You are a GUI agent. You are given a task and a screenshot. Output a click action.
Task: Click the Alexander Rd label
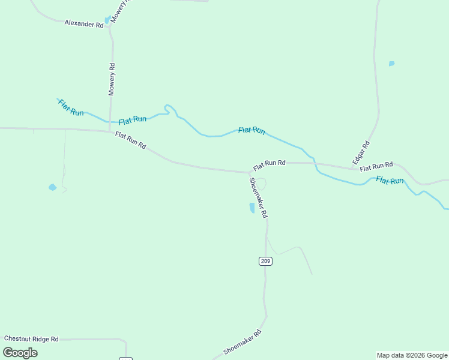(x=84, y=24)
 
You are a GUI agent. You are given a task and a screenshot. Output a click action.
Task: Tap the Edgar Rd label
(x=361, y=153)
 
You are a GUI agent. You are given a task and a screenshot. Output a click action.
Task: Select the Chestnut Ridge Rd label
(x=31, y=339)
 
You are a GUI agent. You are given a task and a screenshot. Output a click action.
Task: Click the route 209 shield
(x=266, y=261)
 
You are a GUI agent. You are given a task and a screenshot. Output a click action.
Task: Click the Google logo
(x=20, y=353)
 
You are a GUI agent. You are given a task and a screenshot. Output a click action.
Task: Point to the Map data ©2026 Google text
(x=412, y=355)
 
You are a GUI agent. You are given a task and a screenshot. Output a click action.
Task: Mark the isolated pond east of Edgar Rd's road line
(x=391, y=64)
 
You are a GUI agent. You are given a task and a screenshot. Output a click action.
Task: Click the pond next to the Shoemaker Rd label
(x=252, y=208)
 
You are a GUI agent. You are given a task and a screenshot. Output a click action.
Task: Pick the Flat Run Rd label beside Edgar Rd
(x=376, y=166)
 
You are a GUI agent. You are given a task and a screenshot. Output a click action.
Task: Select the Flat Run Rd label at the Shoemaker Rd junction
(x=269, y=164)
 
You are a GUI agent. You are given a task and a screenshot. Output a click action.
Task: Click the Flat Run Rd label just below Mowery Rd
(x=130, y=140)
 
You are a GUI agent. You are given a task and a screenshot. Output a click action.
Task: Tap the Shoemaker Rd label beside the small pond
(x=258, y=197)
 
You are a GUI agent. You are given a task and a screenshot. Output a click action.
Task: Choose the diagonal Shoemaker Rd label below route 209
(x=243, y=342)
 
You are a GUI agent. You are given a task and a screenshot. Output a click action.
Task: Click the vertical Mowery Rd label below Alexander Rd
(x=112, y=80)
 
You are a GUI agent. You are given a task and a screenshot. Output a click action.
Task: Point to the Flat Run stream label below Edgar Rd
(x=390, y=179)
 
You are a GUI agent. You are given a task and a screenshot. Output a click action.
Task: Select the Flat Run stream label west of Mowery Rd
(x=71, y=107)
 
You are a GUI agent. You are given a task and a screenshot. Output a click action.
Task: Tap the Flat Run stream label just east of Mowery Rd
(x=133, y=120)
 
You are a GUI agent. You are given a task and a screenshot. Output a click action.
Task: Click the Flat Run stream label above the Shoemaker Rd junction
(x=252, y=130)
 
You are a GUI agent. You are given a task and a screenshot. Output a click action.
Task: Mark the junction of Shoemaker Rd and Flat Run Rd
(x=250, y=172)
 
